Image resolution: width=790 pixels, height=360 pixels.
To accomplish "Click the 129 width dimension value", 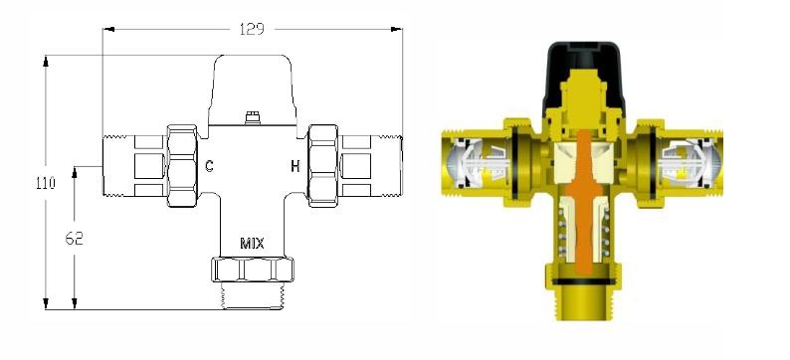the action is point(252,29).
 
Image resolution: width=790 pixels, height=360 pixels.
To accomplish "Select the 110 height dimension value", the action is point(46,183).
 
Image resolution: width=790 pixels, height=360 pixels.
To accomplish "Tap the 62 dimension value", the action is point(74,238).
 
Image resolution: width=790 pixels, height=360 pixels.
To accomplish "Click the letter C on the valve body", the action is point(210,166).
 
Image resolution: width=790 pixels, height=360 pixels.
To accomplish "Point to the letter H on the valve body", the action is point(296,166).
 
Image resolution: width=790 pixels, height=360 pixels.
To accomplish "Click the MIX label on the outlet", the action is point(252,244).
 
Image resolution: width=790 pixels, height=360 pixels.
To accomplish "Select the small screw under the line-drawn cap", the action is point(252,118).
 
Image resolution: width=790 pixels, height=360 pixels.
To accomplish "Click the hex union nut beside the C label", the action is point(182,166).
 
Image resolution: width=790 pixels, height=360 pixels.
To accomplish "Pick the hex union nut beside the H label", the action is point(323,166).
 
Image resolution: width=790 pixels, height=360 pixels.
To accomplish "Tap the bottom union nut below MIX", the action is point(253,270).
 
